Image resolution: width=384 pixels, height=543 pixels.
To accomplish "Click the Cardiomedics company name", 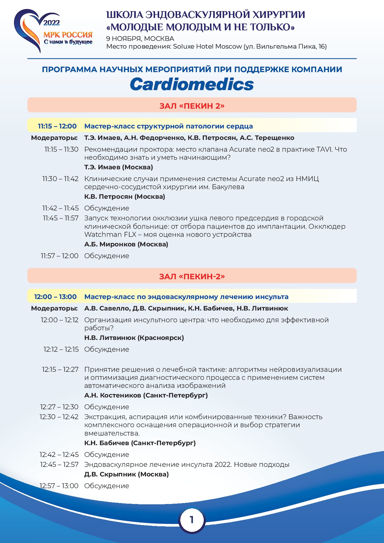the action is coord(192,84).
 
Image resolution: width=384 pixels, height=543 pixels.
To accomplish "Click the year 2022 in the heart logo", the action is coord(51,23).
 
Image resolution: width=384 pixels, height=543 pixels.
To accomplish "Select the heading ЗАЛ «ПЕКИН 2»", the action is coord(192,106).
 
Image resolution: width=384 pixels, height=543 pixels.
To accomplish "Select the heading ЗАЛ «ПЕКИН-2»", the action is coord(192,276).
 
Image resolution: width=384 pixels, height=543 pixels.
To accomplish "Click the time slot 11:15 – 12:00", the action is coord(57,126).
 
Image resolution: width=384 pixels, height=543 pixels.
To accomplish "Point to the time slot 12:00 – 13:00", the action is coord(55,297).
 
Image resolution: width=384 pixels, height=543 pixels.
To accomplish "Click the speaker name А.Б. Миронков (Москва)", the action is coord(126,244).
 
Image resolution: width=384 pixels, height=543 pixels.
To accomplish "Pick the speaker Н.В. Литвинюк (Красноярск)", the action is coord(134,338).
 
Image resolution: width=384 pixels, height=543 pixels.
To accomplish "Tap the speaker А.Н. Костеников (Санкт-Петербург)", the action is coord(146,395).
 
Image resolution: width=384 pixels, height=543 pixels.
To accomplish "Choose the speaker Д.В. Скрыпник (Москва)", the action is coord(126,474).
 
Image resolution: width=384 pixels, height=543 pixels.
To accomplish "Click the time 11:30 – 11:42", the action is coord(60,179).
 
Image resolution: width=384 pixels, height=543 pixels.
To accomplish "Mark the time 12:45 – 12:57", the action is coord(59,465).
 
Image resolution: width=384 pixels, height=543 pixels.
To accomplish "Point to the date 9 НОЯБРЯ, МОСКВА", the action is coord(140,39).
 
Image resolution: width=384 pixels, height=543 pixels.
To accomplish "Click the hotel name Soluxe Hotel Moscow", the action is coord(207,47).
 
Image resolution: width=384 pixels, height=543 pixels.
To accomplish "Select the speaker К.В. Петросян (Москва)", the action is coord(124,197).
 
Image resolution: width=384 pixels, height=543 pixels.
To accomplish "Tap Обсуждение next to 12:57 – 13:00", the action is coord(107,486).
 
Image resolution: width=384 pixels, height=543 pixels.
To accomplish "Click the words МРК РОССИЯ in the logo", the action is coord(68,34).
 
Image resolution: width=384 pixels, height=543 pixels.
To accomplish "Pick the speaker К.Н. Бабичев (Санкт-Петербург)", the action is coord(140,443).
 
